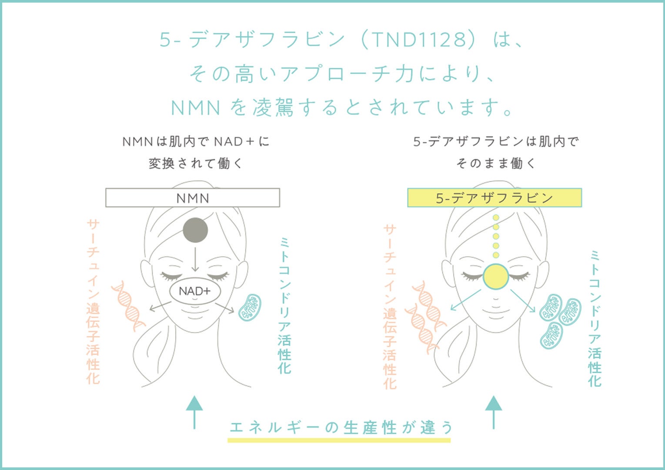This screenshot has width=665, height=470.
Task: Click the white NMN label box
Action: click(193, 198)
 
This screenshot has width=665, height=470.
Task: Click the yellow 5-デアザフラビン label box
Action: click(494, 198)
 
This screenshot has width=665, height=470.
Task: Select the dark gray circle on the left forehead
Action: click(195, 230)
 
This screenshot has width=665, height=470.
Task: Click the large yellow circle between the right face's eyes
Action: click(495, 276)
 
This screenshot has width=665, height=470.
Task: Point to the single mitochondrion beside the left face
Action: click(250, 308)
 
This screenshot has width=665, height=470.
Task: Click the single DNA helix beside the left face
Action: click(128, 306)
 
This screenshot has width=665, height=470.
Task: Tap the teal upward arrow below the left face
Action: click(194, 412)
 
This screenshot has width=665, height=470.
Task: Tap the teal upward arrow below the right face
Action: click(494, 412)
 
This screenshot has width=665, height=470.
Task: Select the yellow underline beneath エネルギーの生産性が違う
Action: click(339, 440)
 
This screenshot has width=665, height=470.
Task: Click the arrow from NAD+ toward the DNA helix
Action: click(160, 306)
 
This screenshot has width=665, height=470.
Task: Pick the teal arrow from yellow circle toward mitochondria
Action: click(523, 300)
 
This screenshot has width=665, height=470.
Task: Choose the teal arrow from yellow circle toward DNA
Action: click(465, 300)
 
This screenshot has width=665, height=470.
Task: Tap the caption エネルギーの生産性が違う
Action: click(341, 427)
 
